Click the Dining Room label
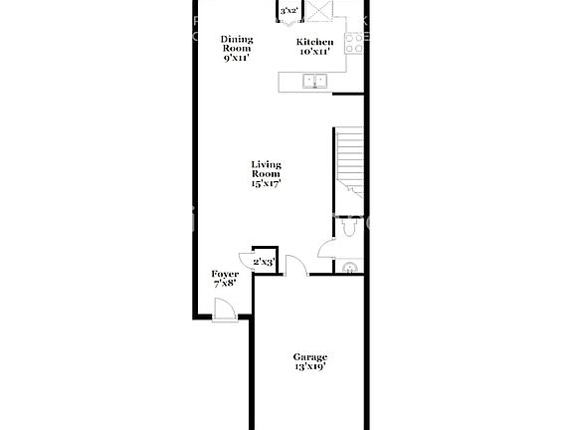[237, 44]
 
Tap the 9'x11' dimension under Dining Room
[237, 58]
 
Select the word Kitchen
[314, 43]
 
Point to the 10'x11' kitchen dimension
[314, 53]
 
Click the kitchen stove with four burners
[353, 41]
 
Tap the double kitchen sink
[316, 81]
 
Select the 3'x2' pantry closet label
[289, 11]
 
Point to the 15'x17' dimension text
[266, 183]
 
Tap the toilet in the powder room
[346, 228]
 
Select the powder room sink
[348, 267]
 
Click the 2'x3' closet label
[264, 262]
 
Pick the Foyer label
[225, 274]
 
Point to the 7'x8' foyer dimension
[225, 284]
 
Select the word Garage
[309, 356]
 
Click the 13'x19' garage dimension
[309, 367]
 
